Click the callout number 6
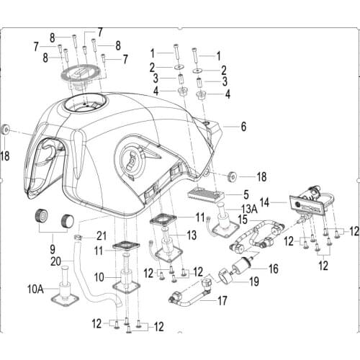click(243, 127)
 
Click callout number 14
click(265, 203)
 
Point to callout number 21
click(101, 235)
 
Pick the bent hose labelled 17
click(191, 295)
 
